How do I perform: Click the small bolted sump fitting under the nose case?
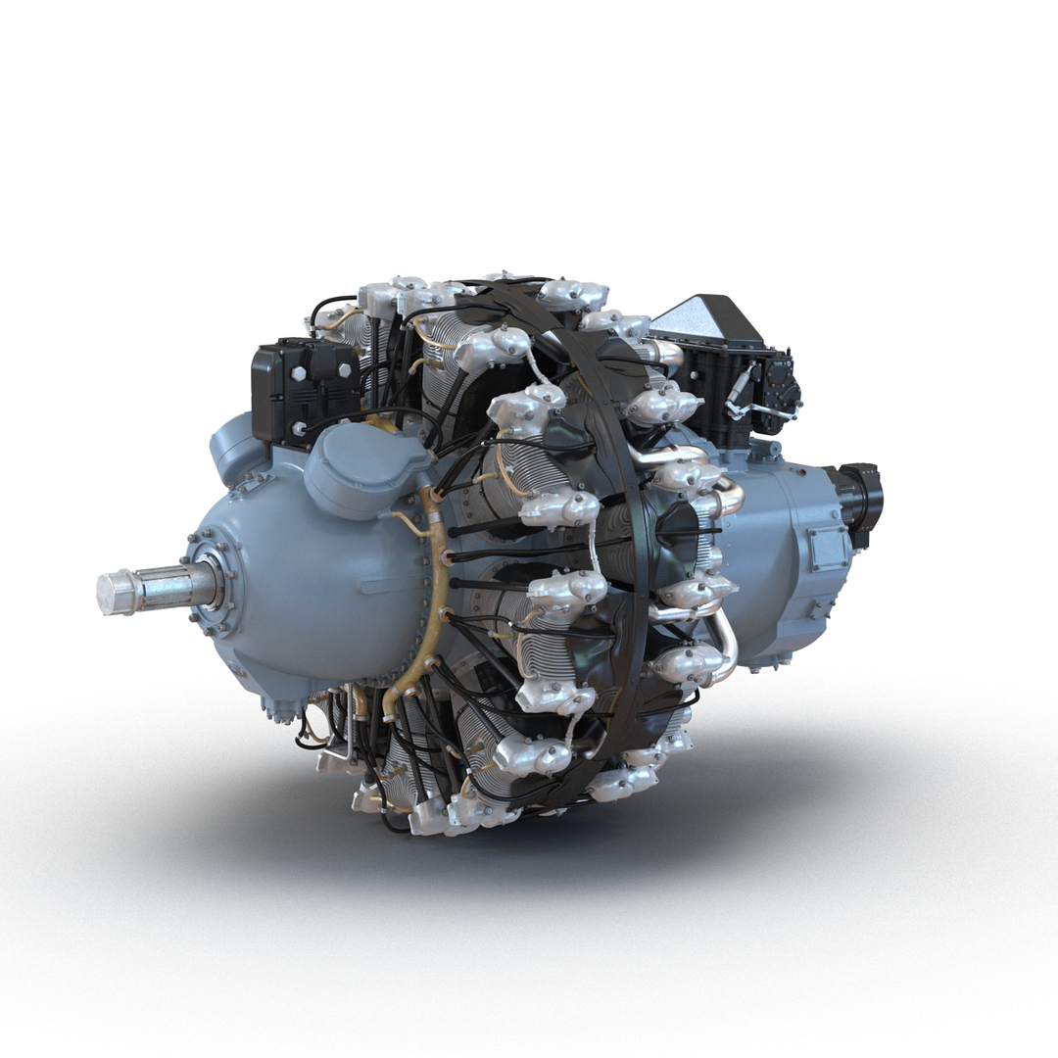click(278, 710)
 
